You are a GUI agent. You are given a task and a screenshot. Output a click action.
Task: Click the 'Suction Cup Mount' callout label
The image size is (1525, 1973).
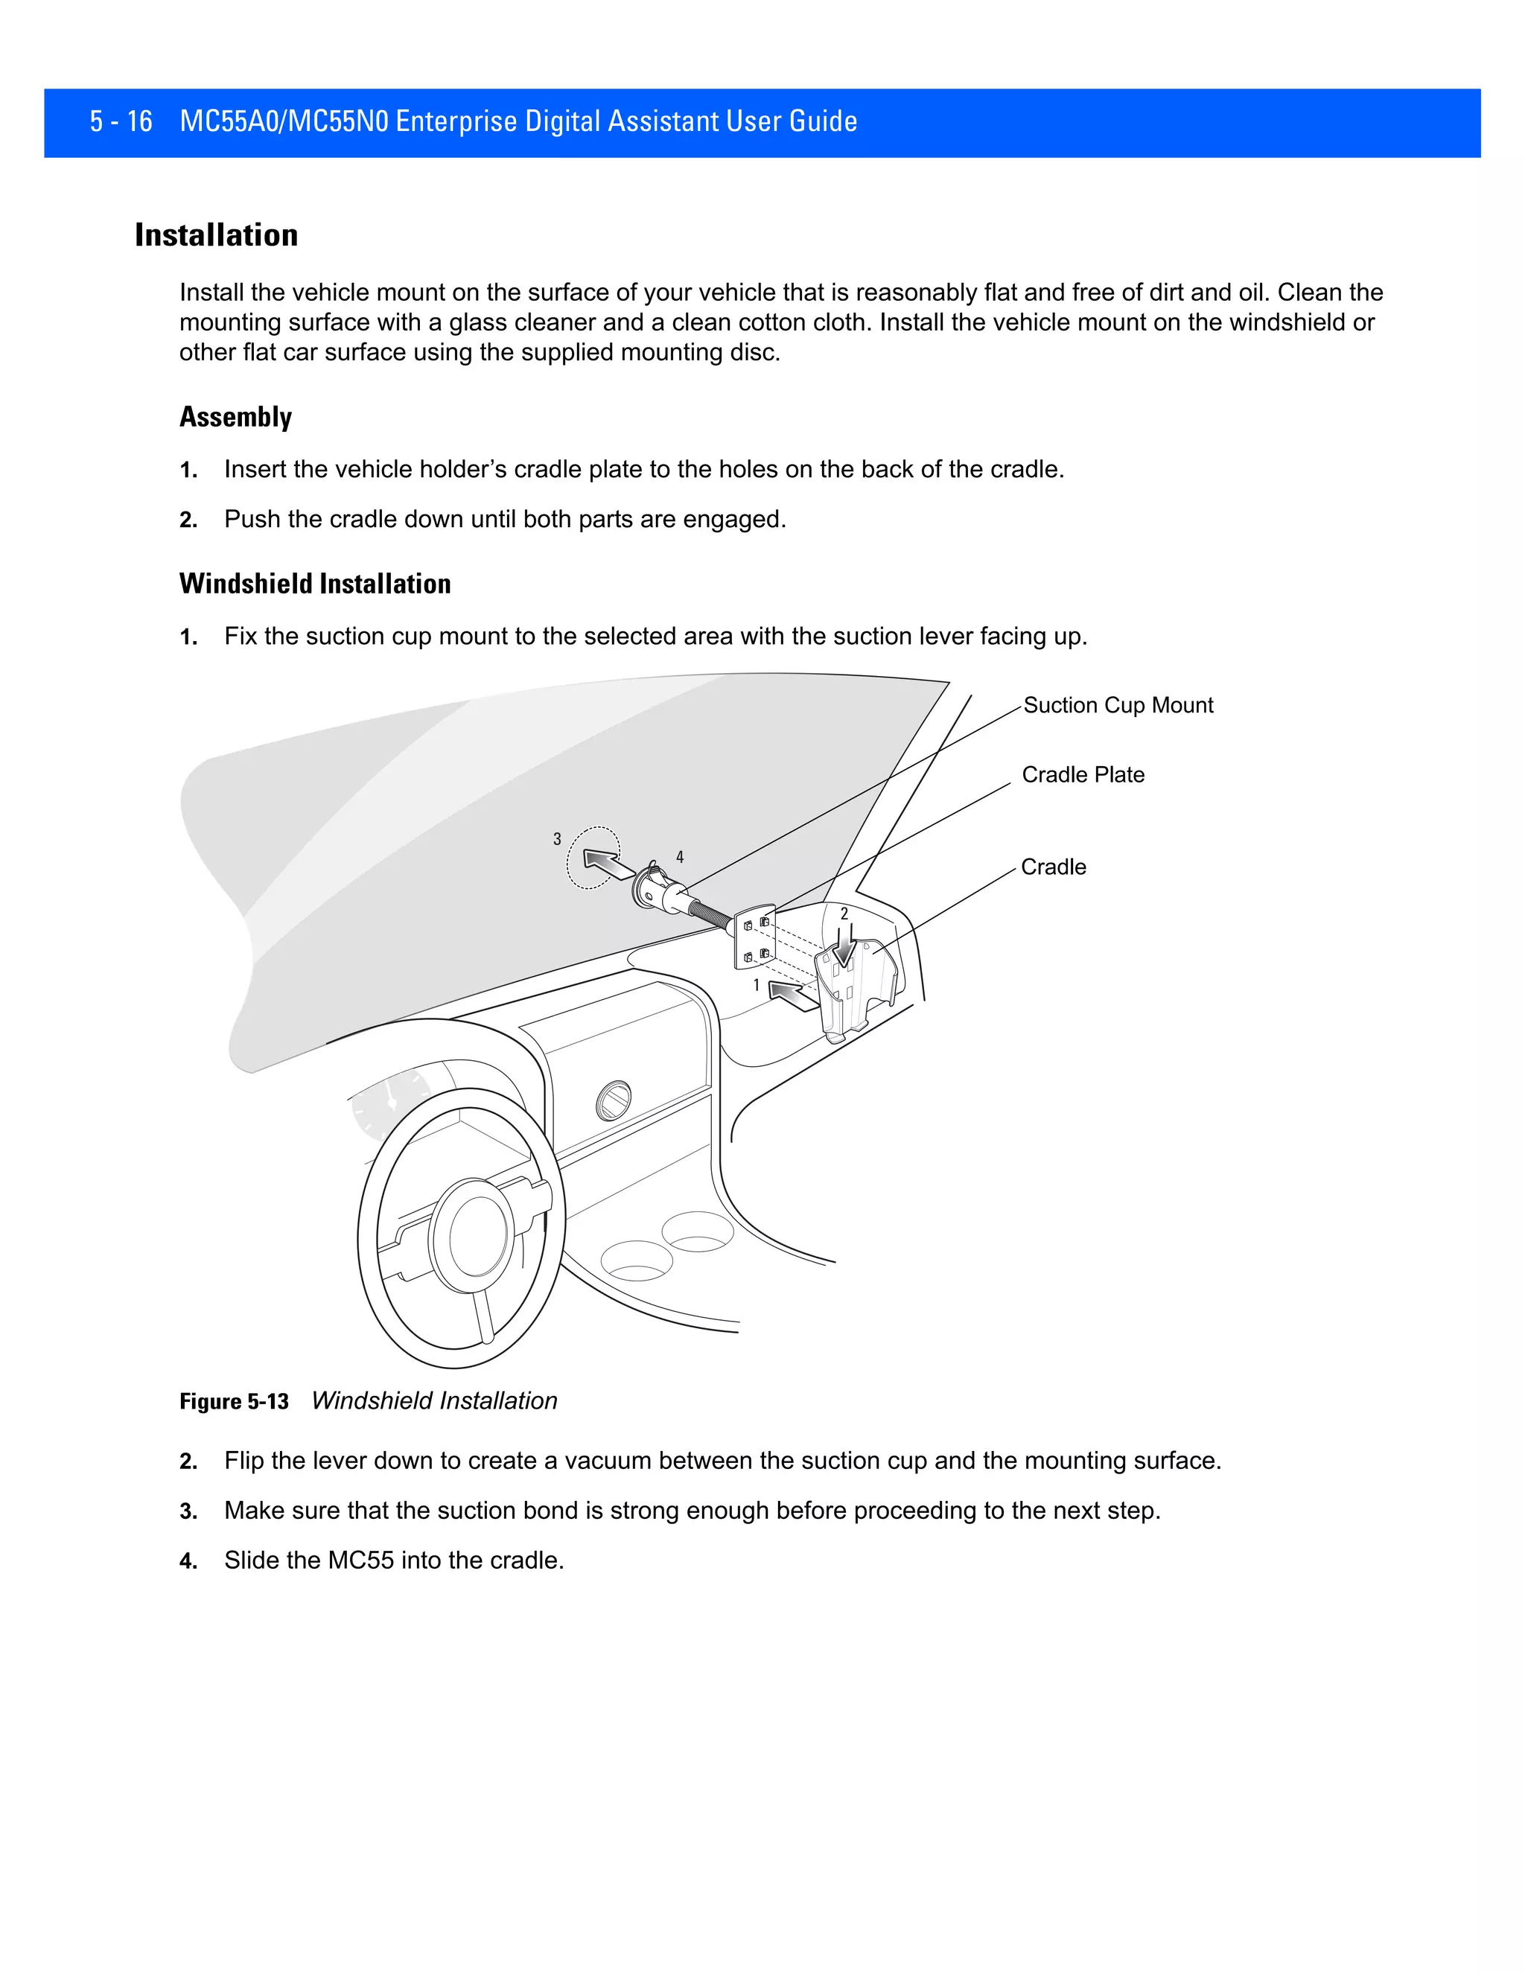coord(1118,706)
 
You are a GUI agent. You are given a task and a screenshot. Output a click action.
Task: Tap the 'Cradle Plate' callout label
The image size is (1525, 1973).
coord(1082,775)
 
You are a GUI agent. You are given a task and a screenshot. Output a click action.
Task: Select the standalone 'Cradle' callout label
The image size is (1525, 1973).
coord(1054,867)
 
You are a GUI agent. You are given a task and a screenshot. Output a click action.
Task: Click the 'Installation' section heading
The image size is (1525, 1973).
coord(216,235)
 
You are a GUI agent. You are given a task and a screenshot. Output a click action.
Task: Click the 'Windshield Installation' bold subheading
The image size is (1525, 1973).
coord(314,584)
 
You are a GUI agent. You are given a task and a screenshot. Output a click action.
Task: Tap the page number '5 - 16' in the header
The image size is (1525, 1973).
coord(121,121)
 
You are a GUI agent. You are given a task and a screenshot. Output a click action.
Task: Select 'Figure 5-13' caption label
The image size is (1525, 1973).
coord(234,1401)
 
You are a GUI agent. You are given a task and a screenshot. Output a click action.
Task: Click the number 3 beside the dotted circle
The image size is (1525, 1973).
coord(558,839)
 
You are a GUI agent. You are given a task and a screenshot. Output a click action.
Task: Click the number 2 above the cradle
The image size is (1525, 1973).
coord(844,914)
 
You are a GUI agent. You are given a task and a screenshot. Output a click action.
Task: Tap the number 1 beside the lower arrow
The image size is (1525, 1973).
coord(757,985)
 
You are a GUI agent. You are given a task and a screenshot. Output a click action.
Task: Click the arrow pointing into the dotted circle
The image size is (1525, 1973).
coord(608,864)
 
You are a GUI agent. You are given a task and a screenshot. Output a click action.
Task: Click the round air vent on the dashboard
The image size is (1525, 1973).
coord(614,1100)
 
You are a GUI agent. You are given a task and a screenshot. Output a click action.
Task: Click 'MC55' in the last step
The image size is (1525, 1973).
coord(360,1560)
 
